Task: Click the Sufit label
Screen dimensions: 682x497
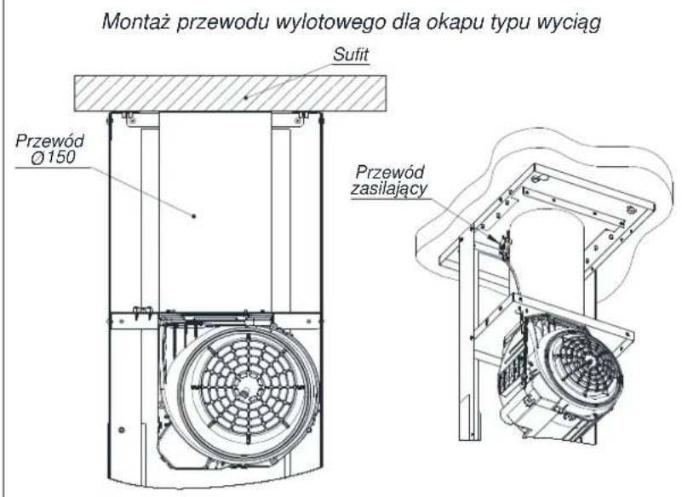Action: [351, 54]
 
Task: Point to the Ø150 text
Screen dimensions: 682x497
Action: [54, 157]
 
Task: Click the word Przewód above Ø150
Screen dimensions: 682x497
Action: [50, 141]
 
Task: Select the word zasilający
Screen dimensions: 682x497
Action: [389, 189]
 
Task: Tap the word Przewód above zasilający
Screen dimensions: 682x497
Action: [390, 172]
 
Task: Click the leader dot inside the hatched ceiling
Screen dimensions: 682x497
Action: [246, 97]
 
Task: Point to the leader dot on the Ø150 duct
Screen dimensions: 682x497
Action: [194, 215]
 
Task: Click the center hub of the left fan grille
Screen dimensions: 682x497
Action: [247, 386]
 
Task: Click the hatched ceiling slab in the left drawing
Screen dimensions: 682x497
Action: [230, 94]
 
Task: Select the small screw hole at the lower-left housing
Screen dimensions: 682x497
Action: [122, 430]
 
